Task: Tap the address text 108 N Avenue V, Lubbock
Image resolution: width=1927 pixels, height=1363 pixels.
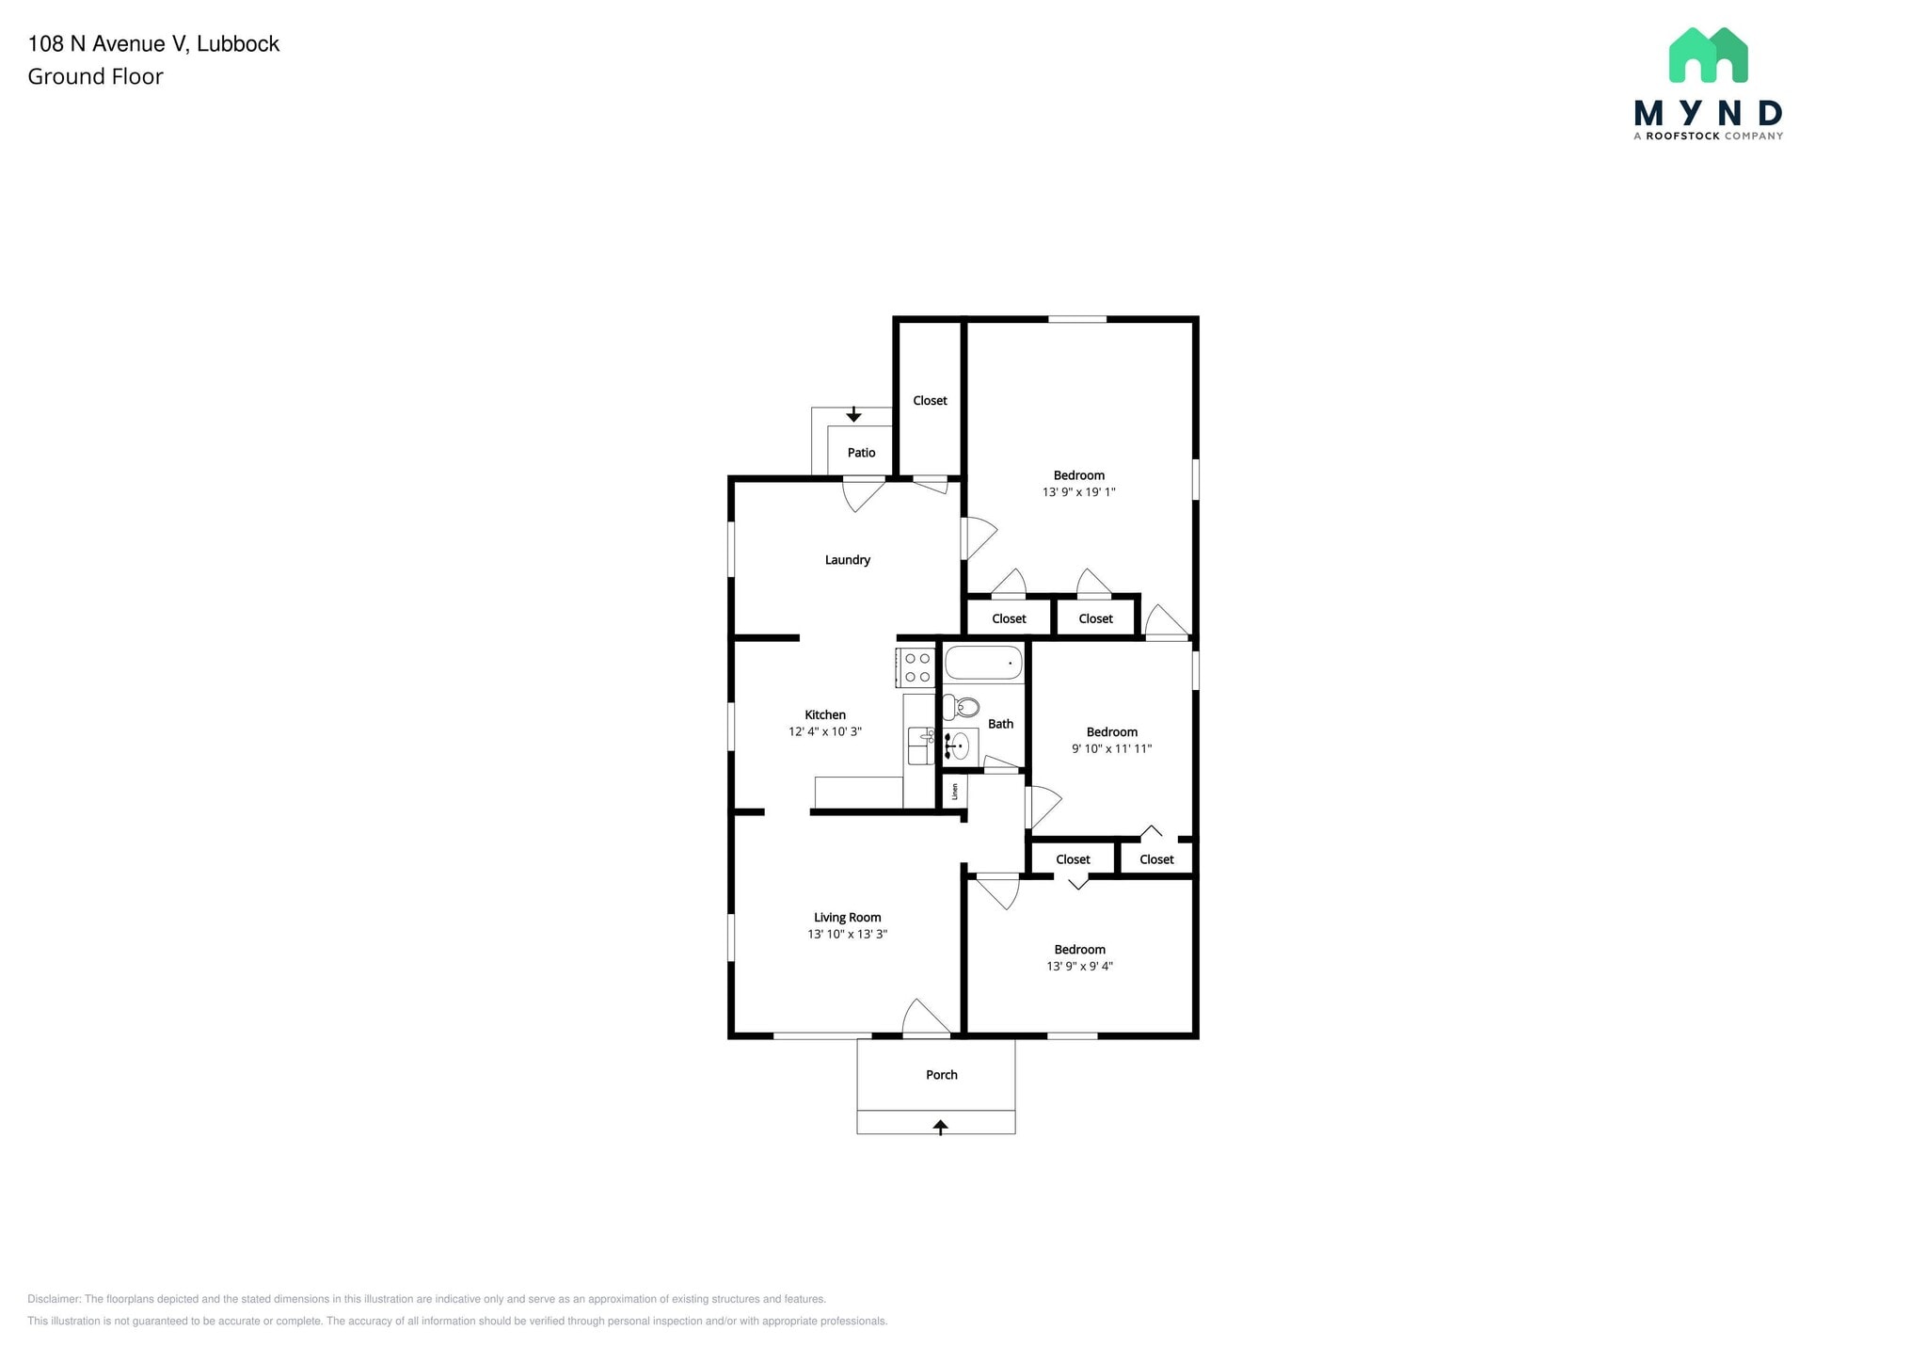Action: pos(153,44)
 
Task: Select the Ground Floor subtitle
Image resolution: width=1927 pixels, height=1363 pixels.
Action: pos(95,77)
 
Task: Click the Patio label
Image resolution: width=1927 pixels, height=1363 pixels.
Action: pos(861,453)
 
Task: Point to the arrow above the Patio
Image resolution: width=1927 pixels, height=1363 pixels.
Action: pos(853,414)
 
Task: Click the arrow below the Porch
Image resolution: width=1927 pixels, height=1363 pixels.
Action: pos(940,1126)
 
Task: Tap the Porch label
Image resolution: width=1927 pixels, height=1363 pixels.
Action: pos(941,1075)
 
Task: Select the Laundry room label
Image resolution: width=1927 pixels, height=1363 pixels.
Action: pos(847,560)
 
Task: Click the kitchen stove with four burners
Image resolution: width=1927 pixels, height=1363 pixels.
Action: pos(916,667)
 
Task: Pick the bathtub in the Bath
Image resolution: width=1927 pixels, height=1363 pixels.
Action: pos(982,663)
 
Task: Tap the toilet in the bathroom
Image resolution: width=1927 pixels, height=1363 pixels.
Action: pos(963,707)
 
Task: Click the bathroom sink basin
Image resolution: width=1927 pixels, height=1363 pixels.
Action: pos(959,746)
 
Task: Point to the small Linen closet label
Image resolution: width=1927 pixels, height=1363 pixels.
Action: pos(955,791)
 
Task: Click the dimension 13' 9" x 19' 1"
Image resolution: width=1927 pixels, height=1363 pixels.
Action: pos(1078,492)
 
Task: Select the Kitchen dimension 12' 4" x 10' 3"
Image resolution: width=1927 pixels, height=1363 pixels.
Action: pos(824,731)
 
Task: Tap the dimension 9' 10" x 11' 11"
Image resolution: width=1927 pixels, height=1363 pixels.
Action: pos(1111,749)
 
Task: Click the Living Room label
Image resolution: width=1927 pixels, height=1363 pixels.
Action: pos(847,918)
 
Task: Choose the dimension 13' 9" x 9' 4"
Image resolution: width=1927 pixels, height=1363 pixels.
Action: pos(1079,966)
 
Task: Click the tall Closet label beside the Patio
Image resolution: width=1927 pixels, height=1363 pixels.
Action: pos(930,401)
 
